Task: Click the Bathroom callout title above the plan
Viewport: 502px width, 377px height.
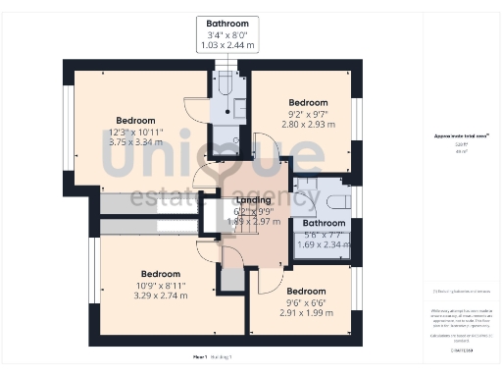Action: click(227, 23)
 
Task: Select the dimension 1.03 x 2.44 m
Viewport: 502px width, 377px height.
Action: click(227, 46)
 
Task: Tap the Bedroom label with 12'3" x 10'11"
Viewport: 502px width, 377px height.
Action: click(136, 122)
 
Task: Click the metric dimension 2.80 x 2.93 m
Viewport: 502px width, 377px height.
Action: click(308, 126)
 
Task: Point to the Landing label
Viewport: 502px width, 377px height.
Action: click(254, 199)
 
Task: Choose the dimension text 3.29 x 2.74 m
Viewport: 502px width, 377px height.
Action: click(161, 296)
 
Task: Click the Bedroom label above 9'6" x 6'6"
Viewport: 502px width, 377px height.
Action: click(306, 291)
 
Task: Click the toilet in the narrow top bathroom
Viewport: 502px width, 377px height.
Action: click(225, 85)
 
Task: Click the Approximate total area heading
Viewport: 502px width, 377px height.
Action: click(462, 136)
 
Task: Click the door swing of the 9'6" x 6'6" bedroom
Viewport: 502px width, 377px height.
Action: click(265, 282)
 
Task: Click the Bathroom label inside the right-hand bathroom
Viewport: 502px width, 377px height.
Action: click(325, 223)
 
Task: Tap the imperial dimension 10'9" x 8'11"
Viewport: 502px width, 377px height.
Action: click(161, 285)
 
